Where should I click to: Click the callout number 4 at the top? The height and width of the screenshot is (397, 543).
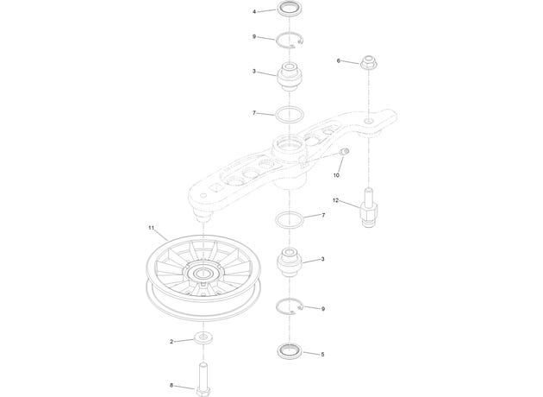click(254, 12)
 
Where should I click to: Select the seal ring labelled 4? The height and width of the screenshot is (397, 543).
click(289, 7)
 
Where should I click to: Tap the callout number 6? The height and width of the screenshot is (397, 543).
click(339, 61)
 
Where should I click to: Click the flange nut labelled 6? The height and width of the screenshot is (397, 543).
click(369, 62)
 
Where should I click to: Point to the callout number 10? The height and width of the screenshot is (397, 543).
click(336, 175)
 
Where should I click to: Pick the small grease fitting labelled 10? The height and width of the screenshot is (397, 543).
click(345, 151)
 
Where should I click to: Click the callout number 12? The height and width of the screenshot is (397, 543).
click(335, 200)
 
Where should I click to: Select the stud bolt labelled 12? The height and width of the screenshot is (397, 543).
click(369, 208)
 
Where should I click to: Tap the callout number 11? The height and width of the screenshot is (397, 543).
click(151, 228)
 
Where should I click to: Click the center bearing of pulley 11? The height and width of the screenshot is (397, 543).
click(202, 274)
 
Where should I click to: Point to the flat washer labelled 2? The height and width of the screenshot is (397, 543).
click(203, 337)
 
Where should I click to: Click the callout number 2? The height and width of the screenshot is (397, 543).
click(172, 342)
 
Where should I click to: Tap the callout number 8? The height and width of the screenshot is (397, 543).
click(172, 385)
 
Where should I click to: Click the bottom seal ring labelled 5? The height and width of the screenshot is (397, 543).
click(290, 351)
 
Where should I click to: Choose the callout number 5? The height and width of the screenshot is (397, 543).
click(322, 355)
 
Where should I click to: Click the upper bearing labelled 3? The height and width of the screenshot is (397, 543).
click(289, 76)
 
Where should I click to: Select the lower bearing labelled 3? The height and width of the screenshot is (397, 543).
click(290, 262)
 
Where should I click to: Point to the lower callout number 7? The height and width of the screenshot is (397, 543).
click(323, 215)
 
